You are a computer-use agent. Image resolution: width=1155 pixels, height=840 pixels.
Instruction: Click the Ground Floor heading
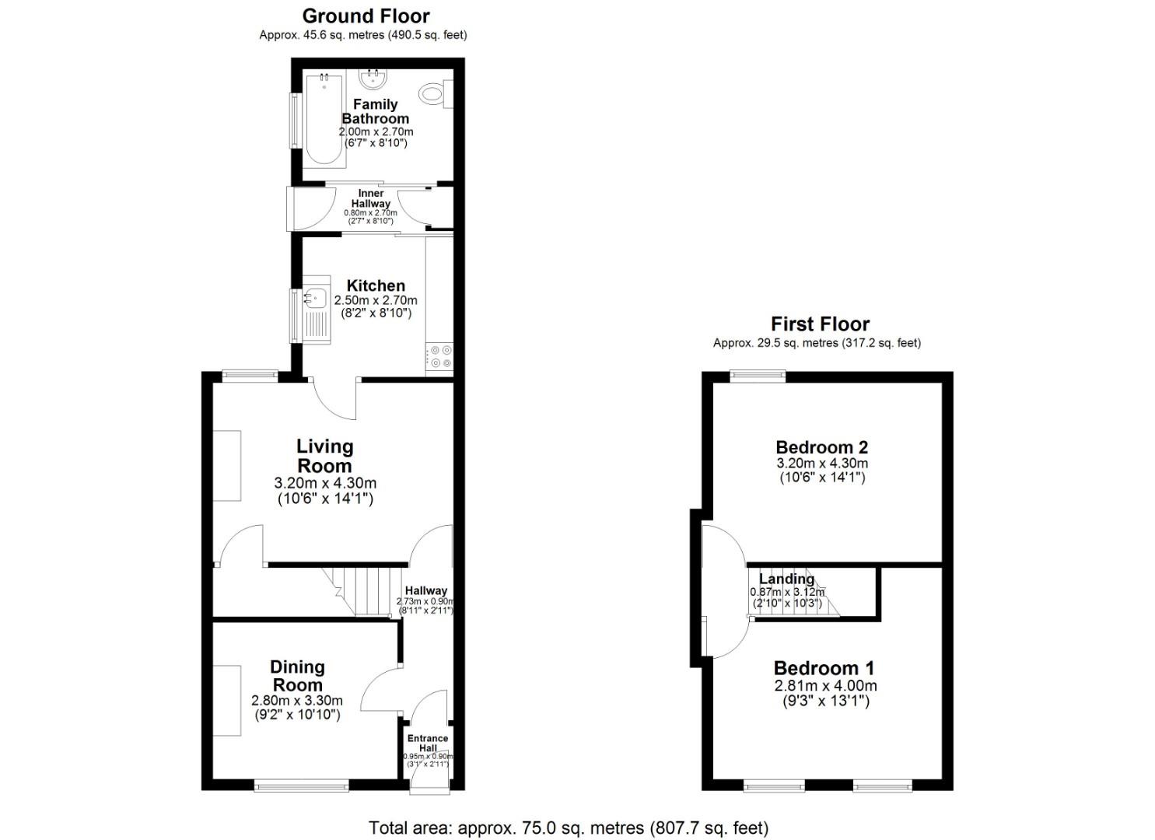[x=366, y=16]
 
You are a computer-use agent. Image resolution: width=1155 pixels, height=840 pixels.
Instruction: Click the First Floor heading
[x=820, y=324]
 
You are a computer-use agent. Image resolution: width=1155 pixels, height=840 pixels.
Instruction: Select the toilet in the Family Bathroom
[x=432, y=94]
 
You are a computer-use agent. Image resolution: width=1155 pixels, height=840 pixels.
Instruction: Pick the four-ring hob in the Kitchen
[x=441, y=357]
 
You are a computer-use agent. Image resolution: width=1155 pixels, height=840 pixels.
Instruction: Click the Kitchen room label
[x=376, y=285]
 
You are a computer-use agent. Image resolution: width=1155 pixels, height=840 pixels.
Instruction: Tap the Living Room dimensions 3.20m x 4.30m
[x=325, y=483]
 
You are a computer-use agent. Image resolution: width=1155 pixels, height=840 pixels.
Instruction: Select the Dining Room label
[x=297, y=676]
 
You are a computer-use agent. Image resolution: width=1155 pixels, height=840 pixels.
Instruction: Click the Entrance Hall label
[x=428, y=743]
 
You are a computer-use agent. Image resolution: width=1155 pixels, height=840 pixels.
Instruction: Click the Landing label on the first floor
[x=786, y=579]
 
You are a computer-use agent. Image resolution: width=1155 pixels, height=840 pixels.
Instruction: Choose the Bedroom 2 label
[x=822, y=447]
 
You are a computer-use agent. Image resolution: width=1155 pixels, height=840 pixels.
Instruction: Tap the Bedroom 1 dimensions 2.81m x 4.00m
[x=825, y=686]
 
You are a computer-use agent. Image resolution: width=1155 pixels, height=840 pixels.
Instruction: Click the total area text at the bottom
[x=569, y=828]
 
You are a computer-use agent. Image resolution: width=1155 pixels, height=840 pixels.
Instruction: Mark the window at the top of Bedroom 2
[x=758, y=376]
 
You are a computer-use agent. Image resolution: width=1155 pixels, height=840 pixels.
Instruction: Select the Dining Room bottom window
[x=302, y=786]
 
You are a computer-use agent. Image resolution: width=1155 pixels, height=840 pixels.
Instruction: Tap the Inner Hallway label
[x=370, y=198]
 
